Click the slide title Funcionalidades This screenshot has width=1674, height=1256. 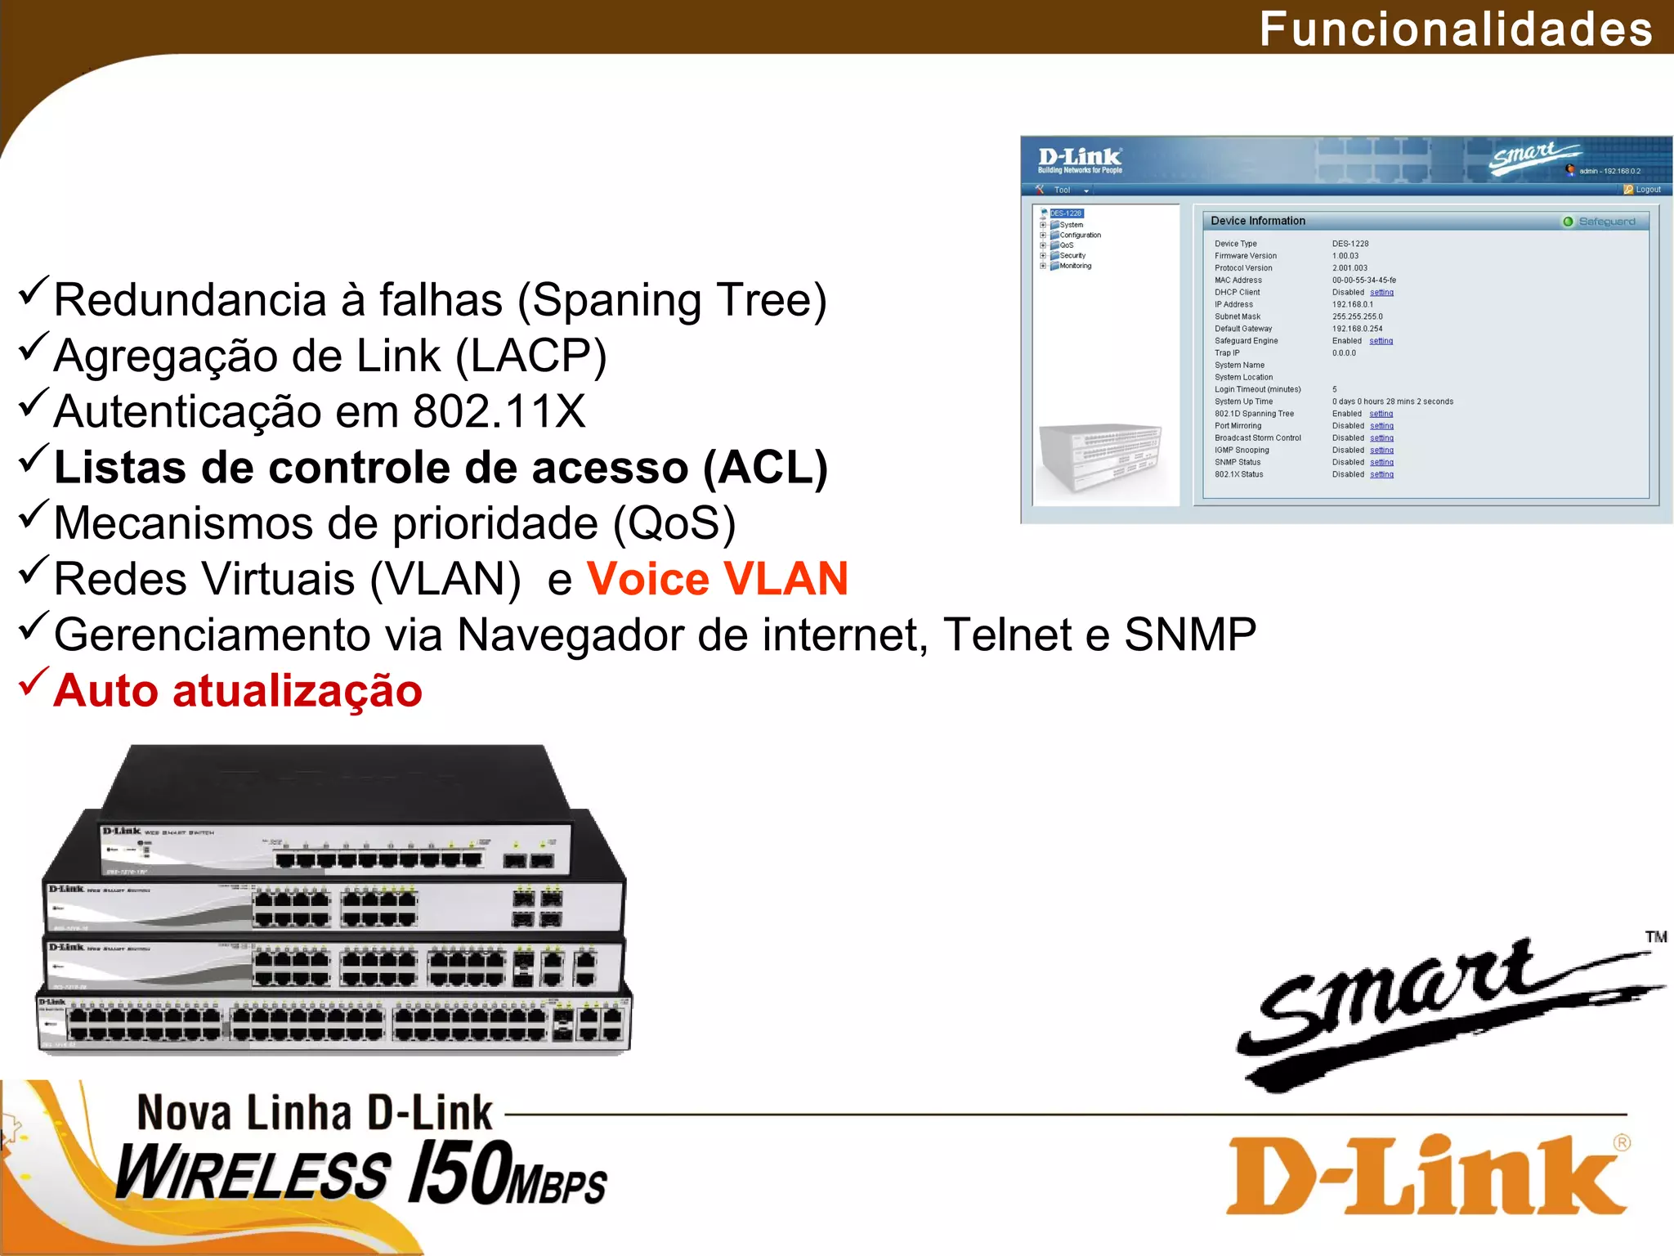[1456, 29]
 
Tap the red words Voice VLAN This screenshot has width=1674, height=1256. [717, 579]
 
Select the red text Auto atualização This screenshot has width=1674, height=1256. [238, 691]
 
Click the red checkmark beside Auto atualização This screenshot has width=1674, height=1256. [34, 683]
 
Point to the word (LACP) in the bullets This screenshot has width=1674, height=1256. [530, 357]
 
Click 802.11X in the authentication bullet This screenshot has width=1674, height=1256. [499, 411]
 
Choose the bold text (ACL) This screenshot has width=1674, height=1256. [766, 468]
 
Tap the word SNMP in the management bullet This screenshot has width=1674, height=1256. [1190, 635]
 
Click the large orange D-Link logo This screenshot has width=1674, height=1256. [1427, 1175]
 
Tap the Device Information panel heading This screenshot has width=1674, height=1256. [1258, 221]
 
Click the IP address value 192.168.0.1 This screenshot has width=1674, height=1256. [1352, 304]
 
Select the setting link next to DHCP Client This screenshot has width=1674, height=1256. [1381, 292]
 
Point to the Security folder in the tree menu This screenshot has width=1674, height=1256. [1072, 256]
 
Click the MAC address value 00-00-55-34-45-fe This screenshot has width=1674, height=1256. [1363, 280]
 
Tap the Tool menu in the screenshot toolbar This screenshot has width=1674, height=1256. [1062, 190]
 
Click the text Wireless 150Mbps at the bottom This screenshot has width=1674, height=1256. [360, 1174]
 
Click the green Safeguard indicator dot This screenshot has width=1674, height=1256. [1568, 222]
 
